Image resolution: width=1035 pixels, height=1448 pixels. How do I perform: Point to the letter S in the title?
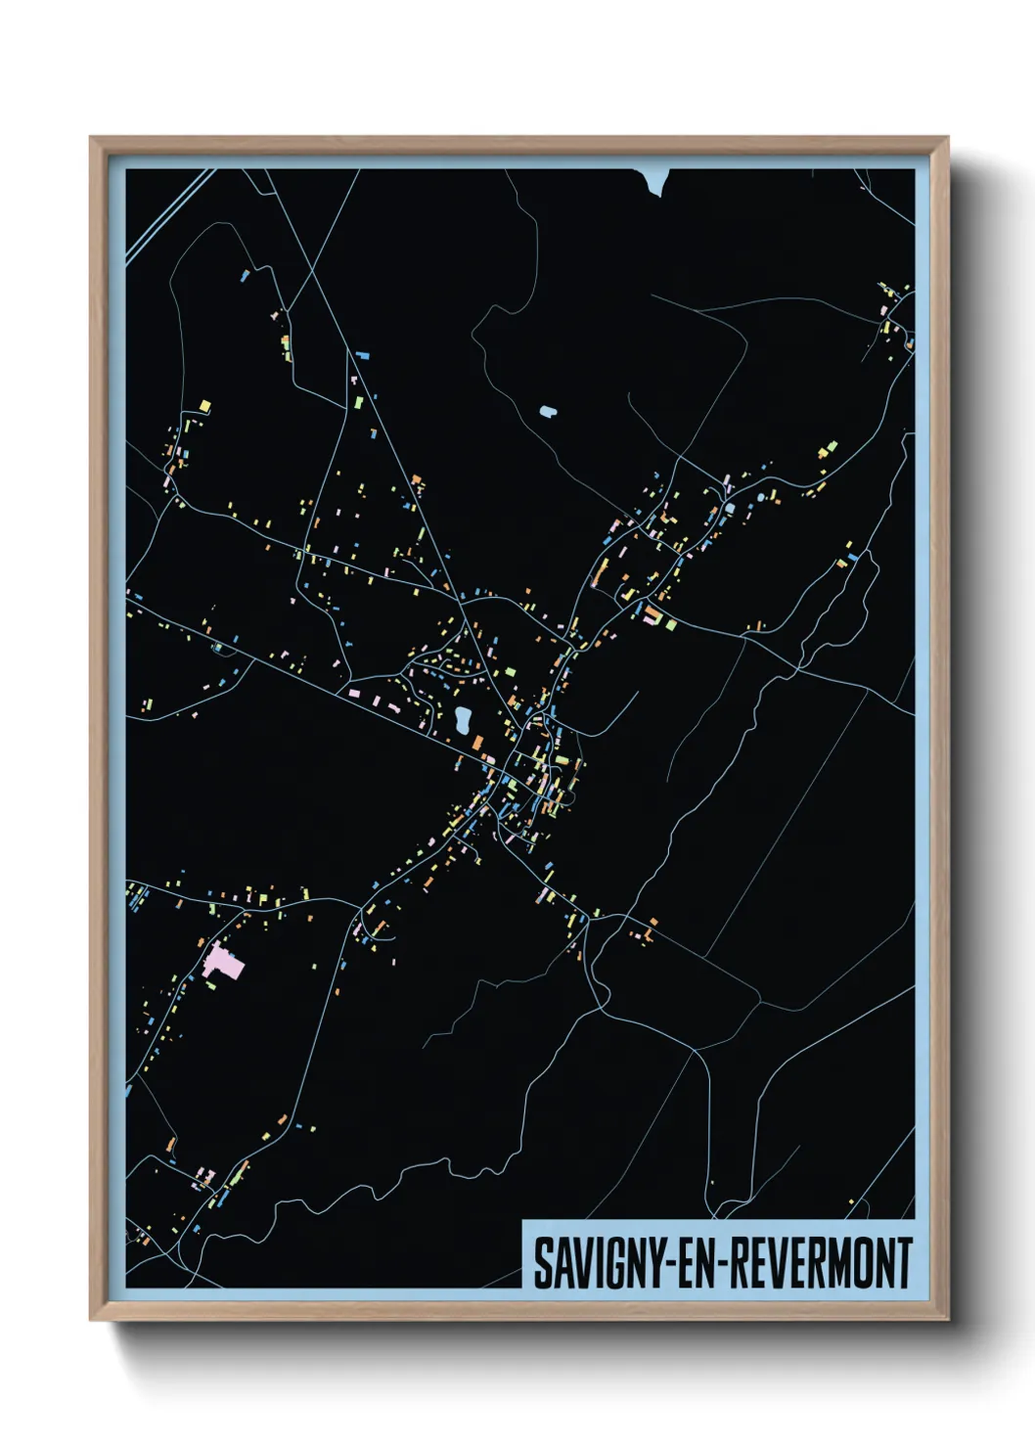541,1263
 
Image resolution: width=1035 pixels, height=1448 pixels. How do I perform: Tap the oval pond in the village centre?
463,720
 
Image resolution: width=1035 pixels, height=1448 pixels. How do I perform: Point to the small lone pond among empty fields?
547,412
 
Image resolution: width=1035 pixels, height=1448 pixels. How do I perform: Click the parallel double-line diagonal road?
166,214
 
